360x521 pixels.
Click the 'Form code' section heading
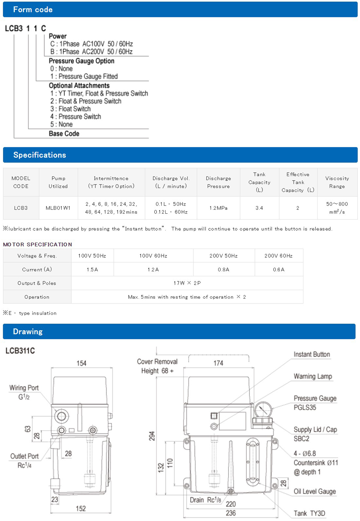click(33, 10)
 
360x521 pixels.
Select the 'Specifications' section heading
click(40, 155)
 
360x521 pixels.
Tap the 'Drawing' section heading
click(28, 331)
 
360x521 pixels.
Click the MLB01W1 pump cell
click(58, 208)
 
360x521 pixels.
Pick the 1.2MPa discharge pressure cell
click(218, 208)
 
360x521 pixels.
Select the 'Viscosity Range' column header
click(337, 182)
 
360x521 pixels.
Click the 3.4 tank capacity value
click(259, 208)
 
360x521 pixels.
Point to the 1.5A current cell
click(92, 270)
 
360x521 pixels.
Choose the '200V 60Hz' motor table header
click(278, 256)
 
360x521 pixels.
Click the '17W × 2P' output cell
click(187, 283)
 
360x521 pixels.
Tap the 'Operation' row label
click(37, 297)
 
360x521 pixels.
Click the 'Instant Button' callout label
click(312, 355)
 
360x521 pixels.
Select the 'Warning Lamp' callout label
click(313, 377)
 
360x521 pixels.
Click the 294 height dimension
click(152, 436)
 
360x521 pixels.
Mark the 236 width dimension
click(231, 513)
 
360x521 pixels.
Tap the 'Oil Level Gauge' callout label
click(315, 491)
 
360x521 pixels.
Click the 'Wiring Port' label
click(24, 388)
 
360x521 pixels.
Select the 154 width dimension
click(81, 363)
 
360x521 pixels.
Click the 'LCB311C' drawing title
click(20, 351)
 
